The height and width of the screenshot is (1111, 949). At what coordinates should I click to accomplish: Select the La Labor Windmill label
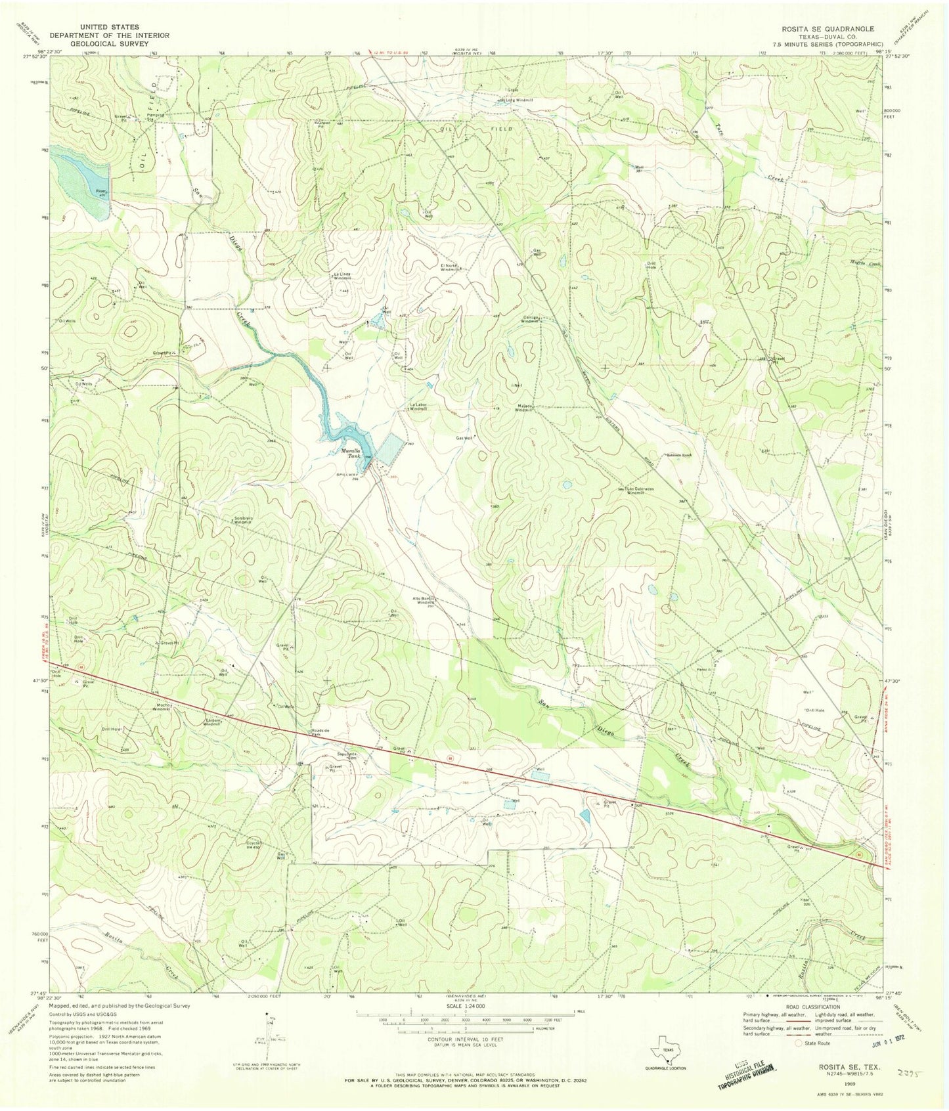[418, 406]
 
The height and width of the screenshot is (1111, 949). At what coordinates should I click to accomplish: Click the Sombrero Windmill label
[244, 521]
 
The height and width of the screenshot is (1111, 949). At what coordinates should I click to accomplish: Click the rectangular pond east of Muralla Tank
[392, 450]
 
